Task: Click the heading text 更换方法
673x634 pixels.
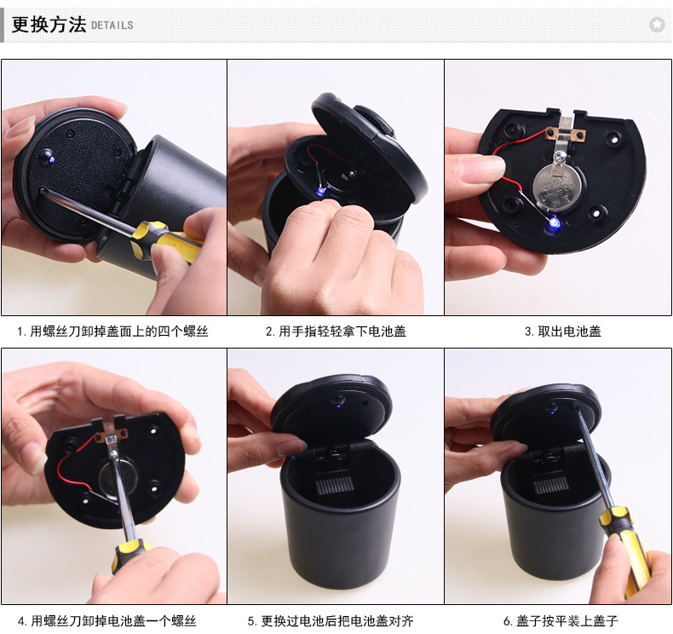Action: point(49,24)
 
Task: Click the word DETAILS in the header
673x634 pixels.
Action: point(112,26)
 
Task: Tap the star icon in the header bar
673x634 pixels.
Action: point(656,25)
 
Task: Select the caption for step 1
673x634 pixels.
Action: point(112,331)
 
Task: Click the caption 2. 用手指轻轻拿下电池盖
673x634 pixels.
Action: point(336,331)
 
